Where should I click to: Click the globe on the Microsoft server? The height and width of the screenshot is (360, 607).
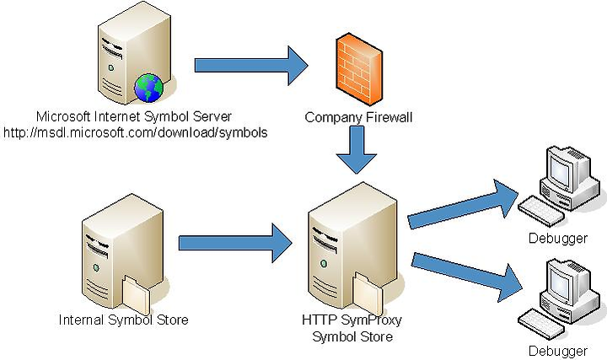(148, 88)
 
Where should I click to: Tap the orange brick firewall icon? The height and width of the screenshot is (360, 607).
(358, 69)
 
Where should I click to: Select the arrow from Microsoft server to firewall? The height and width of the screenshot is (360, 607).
(251, 66)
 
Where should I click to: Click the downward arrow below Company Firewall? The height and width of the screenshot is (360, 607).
(356, 150)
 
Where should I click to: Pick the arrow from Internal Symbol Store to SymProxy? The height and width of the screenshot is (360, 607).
(235, 243)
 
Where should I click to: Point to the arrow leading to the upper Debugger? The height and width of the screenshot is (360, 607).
(463, 204)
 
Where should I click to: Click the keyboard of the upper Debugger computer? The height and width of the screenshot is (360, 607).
(541, 211)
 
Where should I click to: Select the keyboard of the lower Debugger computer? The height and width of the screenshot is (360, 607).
(541, 325)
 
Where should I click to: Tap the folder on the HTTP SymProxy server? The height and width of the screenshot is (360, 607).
(368, 293)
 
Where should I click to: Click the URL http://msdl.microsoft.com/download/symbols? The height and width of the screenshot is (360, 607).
(136, 132)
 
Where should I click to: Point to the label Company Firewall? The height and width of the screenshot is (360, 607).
(358, 117)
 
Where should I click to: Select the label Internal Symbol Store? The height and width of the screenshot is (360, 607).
(123, 320)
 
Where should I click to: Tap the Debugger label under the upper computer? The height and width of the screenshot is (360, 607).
(558, 238)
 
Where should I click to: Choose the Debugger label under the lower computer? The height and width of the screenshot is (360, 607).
(558, 351)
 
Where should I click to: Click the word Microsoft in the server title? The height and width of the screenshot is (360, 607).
(63, 116)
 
